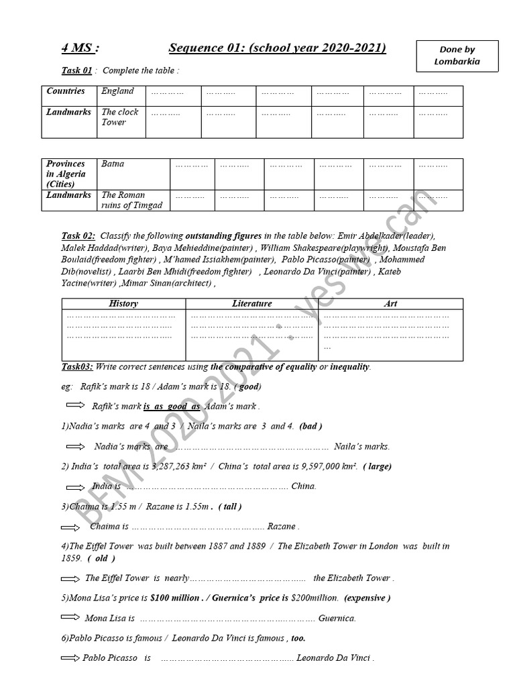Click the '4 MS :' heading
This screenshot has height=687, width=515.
coord(80,48)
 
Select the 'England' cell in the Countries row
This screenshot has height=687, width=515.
coord(118,91)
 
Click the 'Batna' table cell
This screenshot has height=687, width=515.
coord(113,164)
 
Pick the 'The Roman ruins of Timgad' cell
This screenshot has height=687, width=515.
coord(131,200)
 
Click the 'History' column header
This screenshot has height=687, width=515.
coord(123,304)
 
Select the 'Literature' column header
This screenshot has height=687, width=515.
coord(252,304)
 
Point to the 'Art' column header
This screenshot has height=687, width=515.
coord(390,304)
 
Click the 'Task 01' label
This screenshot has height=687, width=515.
coord(76,70)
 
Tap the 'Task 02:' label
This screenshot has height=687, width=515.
coord(78,235)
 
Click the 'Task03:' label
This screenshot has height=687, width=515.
coord(77,367)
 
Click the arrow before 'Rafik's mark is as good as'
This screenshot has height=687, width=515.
coord(76,406)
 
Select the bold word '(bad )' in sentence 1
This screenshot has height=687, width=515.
coord(311,426)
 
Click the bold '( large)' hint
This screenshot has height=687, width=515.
coord(378,466)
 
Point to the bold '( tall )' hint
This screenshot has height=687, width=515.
coord(230,507)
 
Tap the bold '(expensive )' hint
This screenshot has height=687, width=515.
coord(367,598)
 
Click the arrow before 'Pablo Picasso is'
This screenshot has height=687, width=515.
coord(70,658)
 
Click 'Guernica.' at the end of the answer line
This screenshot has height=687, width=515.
coord(337,619)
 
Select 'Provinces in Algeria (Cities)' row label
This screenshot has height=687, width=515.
coord(66,174)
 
